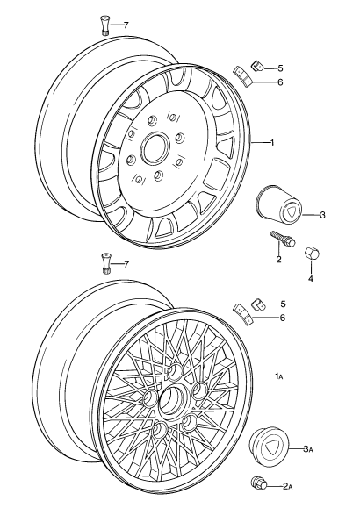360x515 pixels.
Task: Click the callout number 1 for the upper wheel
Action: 272,142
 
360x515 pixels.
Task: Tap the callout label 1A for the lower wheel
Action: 279,376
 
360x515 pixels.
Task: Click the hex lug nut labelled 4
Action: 311,253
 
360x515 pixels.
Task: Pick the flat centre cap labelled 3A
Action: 269,441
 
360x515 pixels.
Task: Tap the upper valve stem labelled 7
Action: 104,26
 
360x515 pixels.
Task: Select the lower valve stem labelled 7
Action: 105,263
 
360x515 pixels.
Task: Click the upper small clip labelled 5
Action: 258,66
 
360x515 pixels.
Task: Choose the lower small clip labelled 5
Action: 258,304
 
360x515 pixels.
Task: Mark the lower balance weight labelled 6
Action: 242,313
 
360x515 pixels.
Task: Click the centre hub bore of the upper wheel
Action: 155,147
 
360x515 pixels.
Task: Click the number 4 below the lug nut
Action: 310,278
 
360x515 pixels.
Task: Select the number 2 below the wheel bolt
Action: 279,260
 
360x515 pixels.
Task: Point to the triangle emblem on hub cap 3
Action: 291,211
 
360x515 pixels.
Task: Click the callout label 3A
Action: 308,448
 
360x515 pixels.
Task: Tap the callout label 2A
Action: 288,486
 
